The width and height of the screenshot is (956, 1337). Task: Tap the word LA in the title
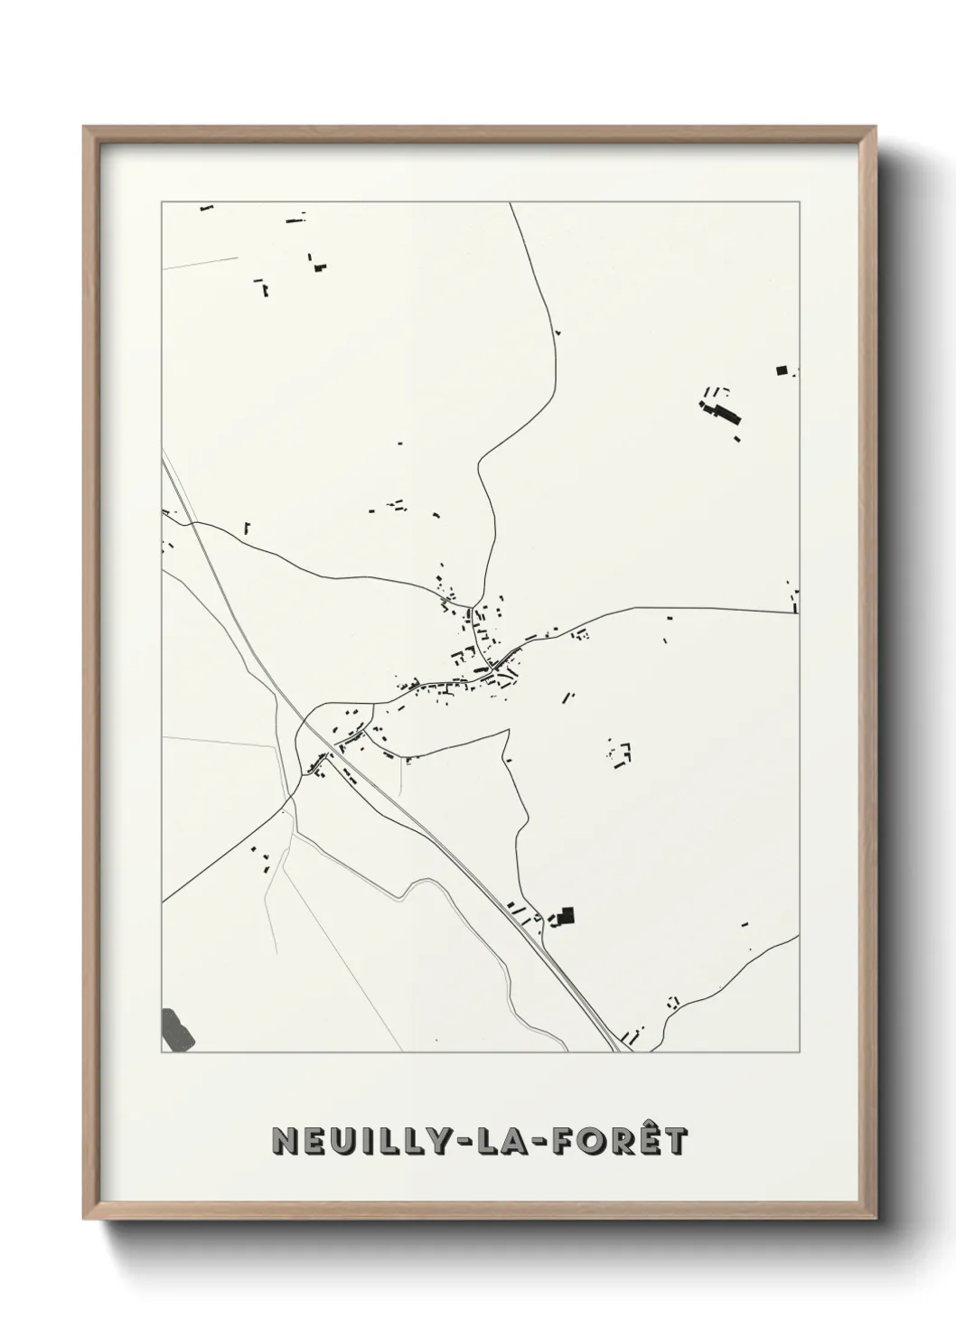point(501,1141)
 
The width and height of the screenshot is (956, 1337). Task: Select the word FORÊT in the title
point(613,1140)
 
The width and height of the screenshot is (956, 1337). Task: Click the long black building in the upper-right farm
point(726,413)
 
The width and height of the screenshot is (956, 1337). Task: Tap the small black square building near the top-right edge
point(782,369)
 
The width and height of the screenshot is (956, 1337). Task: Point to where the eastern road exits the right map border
point(799,612)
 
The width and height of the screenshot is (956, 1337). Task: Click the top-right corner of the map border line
point(799,202)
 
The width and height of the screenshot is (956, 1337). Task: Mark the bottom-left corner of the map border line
point(162,1052)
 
